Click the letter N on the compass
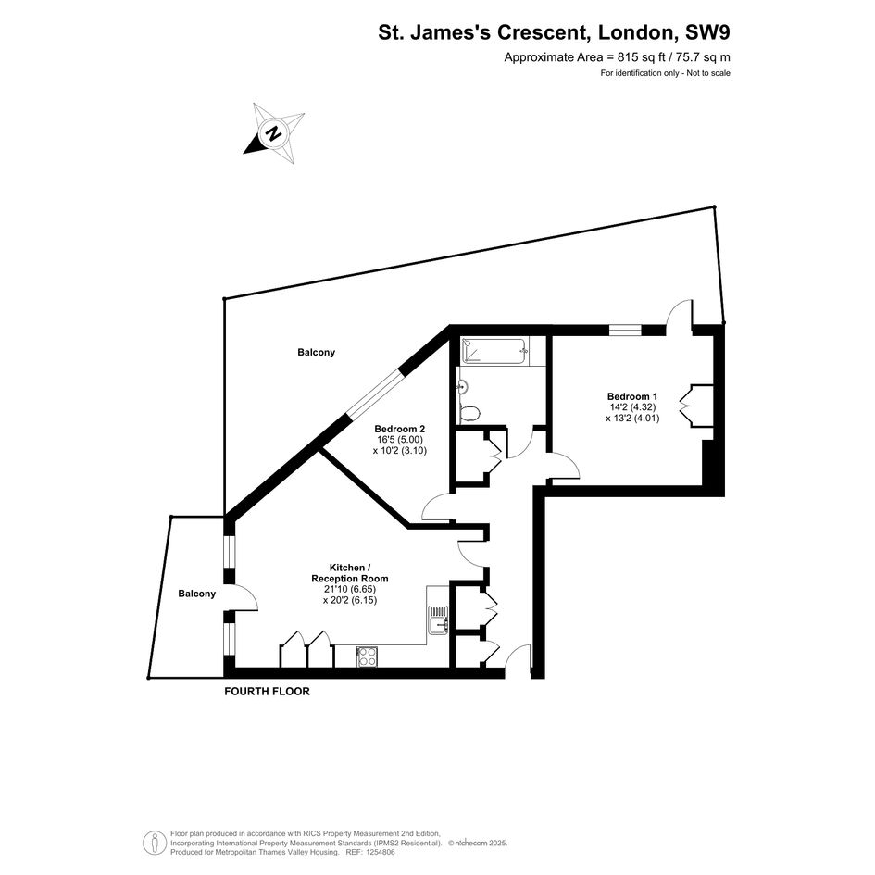[x=273, y=134]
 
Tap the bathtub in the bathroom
[x=493, y=351]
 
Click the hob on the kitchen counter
[x=367, y=656]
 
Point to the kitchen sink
[x=439, y=620]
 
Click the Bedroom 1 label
[x=629, y=396]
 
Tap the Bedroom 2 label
[x=400, y=429]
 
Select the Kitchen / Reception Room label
[x=350, y=573]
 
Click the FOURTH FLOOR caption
[x=267, y=692]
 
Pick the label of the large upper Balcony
[x=317, y=352]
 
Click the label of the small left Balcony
[x=197, y=594]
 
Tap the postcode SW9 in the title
[x=707, y=32]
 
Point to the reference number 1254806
[x=379, y=852]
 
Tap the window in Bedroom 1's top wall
[x=625, y=330]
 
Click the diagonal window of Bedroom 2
[x=373, y=392]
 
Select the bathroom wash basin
[x=461, y=386]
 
